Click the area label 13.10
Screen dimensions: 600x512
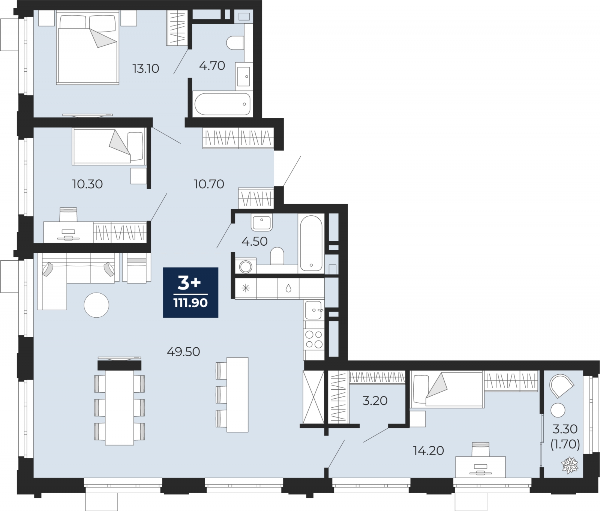coord(146,69)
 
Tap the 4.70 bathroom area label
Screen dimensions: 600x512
coord(212,66)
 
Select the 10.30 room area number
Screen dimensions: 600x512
coord(87,184)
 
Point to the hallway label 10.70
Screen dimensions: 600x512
coord(209,184)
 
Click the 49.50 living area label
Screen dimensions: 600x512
coord(183,351)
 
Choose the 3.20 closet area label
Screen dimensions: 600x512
coord(375,401)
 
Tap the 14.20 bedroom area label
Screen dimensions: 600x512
coord(428,450)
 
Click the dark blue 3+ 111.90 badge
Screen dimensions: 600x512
coord(190,293)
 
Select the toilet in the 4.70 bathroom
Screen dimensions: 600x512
coord(235,42)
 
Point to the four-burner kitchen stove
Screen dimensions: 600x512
coord(314,339)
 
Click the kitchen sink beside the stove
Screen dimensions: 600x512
coord(314,310)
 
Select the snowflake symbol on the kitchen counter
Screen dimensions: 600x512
coord(246,288)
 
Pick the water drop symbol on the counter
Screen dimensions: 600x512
coord(288,288)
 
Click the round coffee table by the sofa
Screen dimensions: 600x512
coord(96,305)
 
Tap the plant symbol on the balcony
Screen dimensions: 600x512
coord(570,465)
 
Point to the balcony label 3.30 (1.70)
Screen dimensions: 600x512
coord(565,437)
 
